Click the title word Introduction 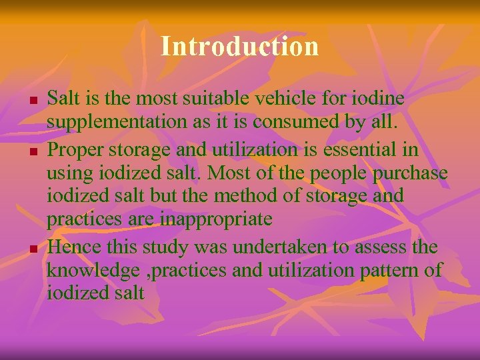240,47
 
